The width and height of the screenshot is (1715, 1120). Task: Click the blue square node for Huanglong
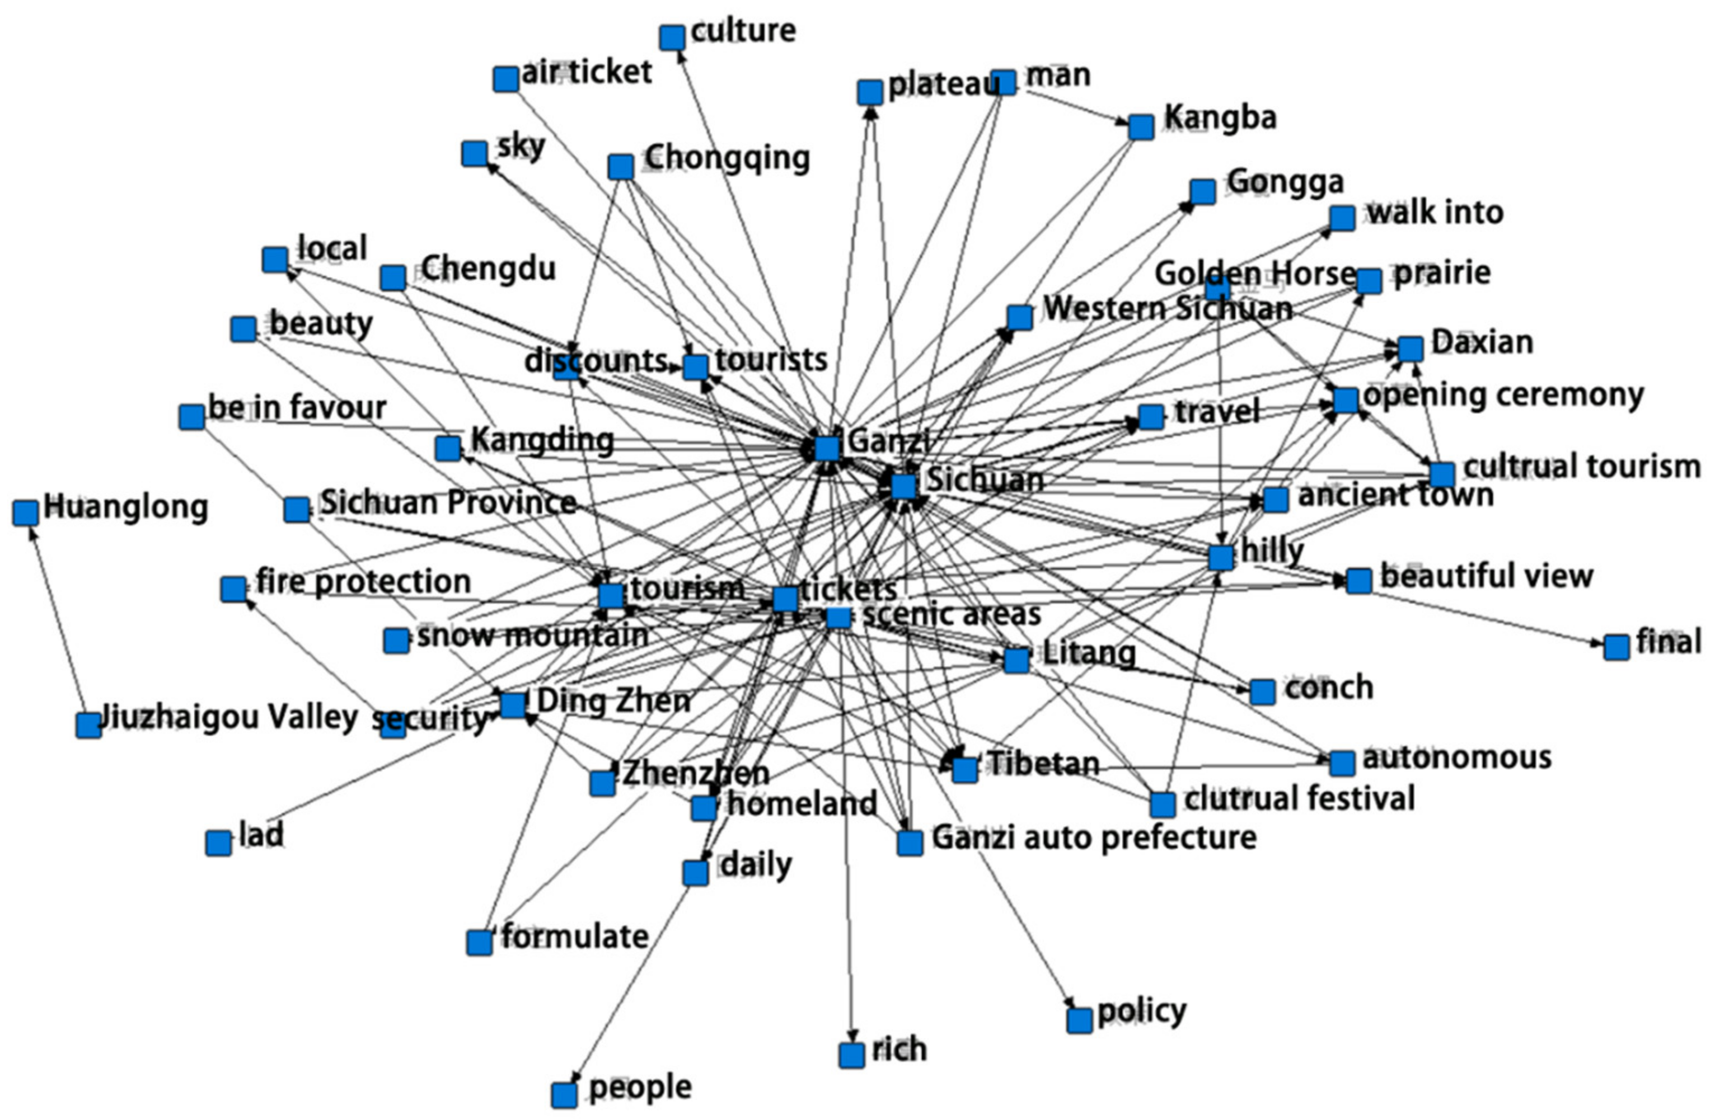coord(25,513)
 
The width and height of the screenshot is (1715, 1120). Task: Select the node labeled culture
coord(672,37)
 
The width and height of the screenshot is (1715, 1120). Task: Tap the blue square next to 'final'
coord(1616,647)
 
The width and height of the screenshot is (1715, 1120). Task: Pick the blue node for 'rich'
coord(852,1055)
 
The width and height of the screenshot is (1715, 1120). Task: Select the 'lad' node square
coord(218,843)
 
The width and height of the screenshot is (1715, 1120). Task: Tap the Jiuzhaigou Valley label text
coord(229,717)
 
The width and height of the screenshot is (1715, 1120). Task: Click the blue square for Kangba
coord(1141,127)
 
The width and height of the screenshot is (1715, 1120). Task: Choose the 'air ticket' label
coord(587,72)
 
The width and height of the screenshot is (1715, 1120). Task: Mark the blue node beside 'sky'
coord(474,153)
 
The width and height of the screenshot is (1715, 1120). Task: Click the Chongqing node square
coord(620,166)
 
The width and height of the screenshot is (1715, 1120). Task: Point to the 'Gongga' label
coord(1286,181)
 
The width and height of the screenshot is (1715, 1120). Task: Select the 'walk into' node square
coord(1342,218)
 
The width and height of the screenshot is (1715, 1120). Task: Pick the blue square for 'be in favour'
coord(191,416)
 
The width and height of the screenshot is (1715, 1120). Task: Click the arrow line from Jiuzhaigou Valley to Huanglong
coord(58,619)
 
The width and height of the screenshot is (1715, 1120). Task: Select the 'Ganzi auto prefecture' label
coord(1094,837)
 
